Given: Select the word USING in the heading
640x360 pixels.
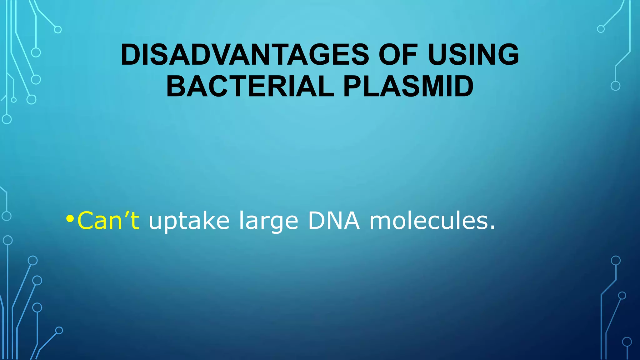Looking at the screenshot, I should [473, 55].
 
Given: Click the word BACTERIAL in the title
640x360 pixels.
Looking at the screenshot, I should [250, 87].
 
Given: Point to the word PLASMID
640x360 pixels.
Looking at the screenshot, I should [408, 87].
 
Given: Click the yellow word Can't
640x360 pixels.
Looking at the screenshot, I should [108, 221].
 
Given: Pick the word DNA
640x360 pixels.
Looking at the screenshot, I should [334, 221].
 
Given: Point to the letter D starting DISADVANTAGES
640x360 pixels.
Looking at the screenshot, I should [130, 55].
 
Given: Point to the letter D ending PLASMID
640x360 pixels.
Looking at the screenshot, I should [463, 87].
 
